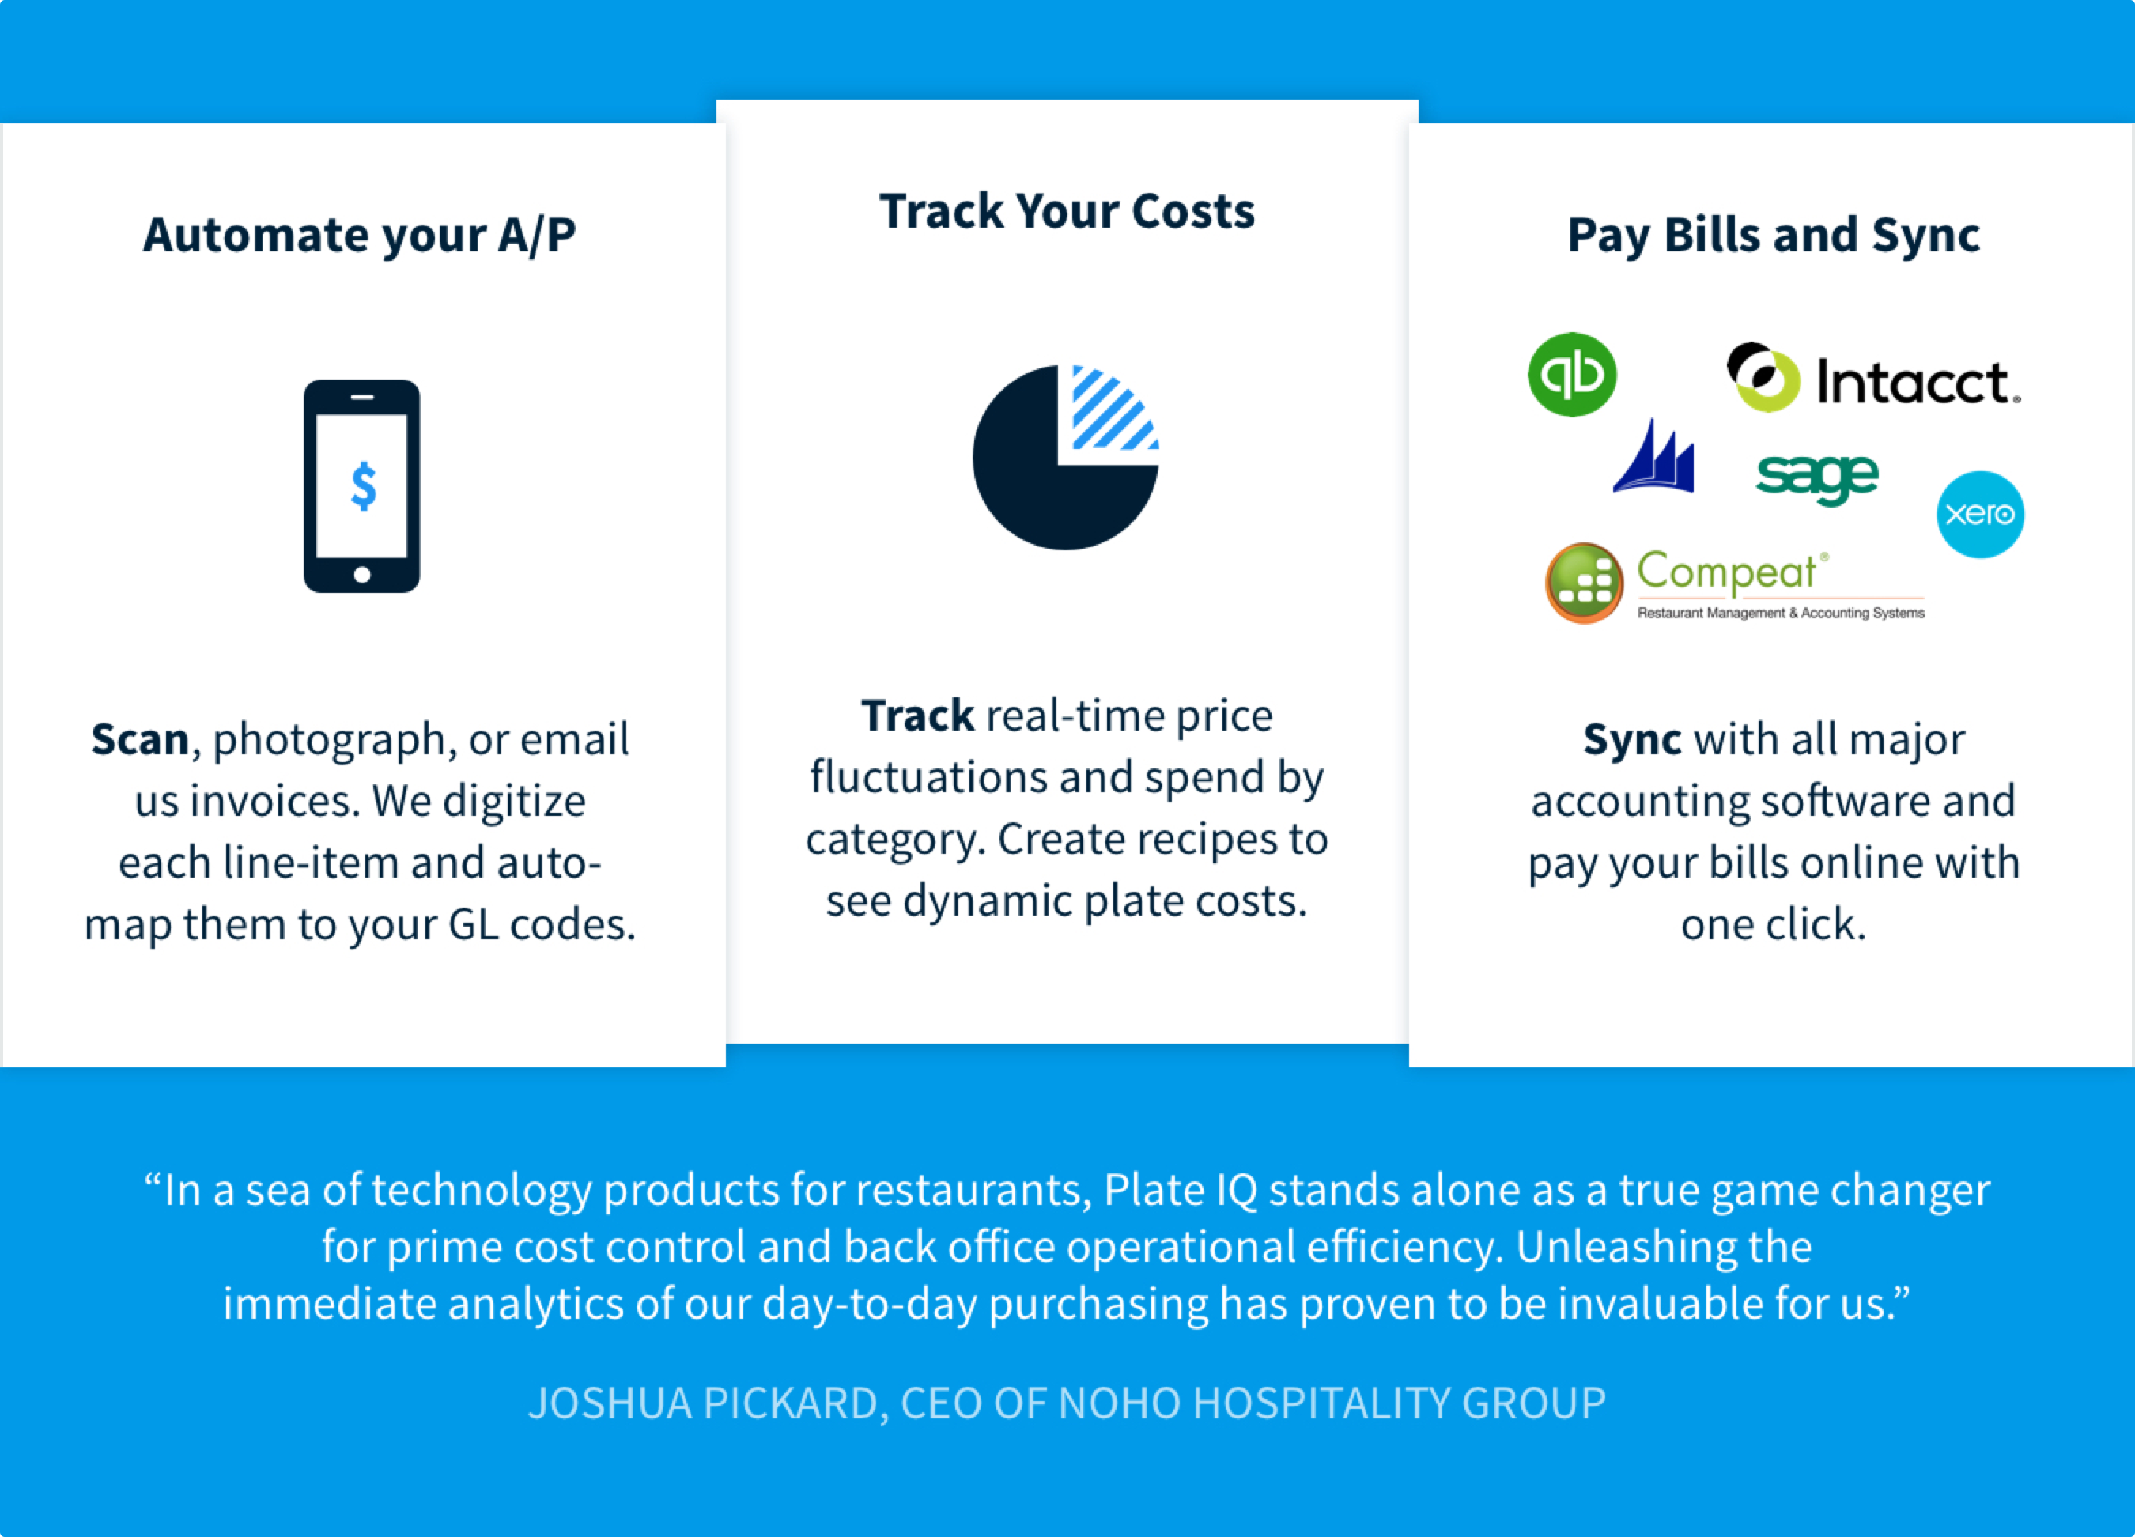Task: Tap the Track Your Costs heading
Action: pyautogui.click(x=1067, y=211)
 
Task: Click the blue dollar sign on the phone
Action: pyautogui.click(x=364, y=485)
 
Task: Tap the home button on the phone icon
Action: pyautogui.click(x=361, y=575)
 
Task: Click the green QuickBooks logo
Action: pyautogui.click(x=1572, y=374)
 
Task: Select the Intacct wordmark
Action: pyautogui.click(x=1917, y=381)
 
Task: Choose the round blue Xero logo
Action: pyautogui.click(x=1981, y=514)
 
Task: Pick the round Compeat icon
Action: pyautogui.click(x=1585, y=583)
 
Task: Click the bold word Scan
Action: pyautogui.click(x=139, y=740)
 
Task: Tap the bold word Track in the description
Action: pyautogui.click(x=918, y=716)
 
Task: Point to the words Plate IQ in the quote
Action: pyautogui.click(x=1181, y=1190)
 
